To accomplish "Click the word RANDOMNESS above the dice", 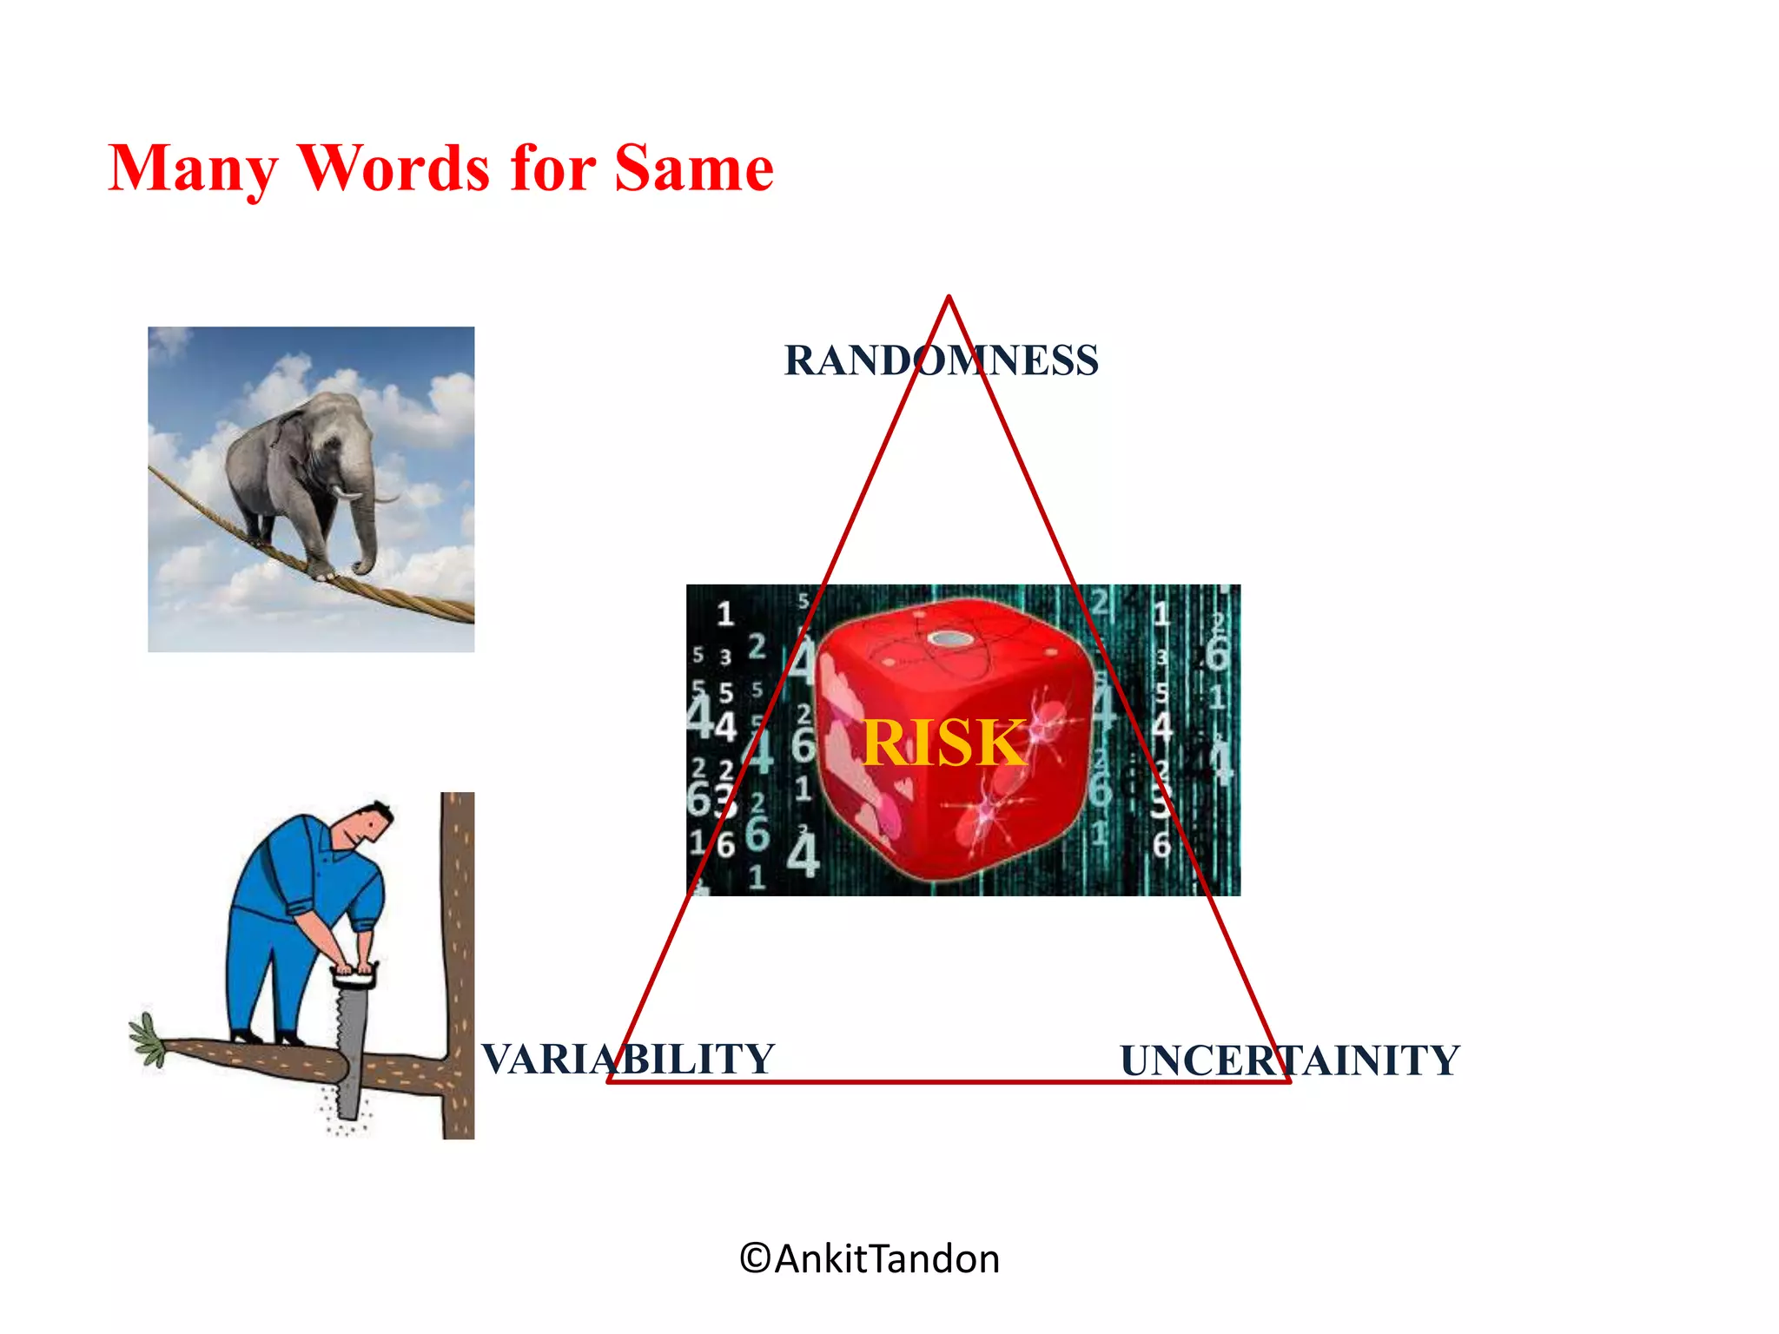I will coord(941,360).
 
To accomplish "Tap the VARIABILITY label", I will coord(627,1059).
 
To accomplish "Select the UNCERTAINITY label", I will coord(1289,1060).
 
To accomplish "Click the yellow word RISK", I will coord(944,743).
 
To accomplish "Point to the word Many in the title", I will coord(193,169).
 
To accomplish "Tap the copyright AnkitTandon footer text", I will coord(870,1258).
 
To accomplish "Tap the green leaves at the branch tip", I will coord(148,1040).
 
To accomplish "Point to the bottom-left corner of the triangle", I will coord(610,1080).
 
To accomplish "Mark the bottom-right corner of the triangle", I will coord(1287,1080).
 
